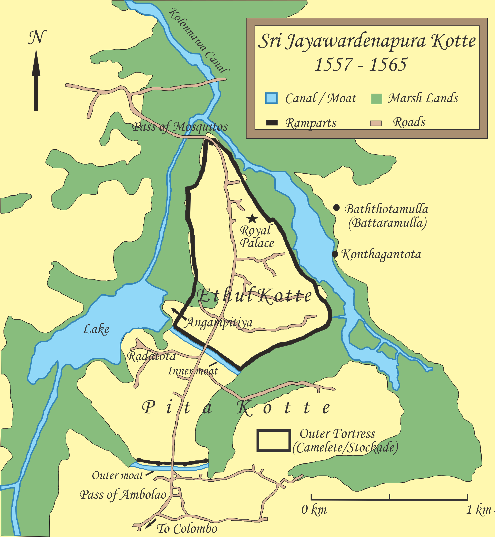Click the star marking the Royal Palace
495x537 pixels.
252,219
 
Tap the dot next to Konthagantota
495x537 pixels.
335,254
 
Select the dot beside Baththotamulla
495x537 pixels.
336,208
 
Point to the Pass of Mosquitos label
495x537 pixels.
180,127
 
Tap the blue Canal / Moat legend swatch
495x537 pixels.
271,98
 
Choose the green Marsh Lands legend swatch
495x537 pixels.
376,99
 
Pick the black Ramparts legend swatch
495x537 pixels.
272,123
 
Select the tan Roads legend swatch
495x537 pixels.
376,123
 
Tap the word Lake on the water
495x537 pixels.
96,329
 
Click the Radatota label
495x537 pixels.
152,356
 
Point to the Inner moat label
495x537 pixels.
193,371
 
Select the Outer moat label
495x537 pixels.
118,475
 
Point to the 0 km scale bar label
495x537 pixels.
314,510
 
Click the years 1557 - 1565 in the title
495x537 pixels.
360,65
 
